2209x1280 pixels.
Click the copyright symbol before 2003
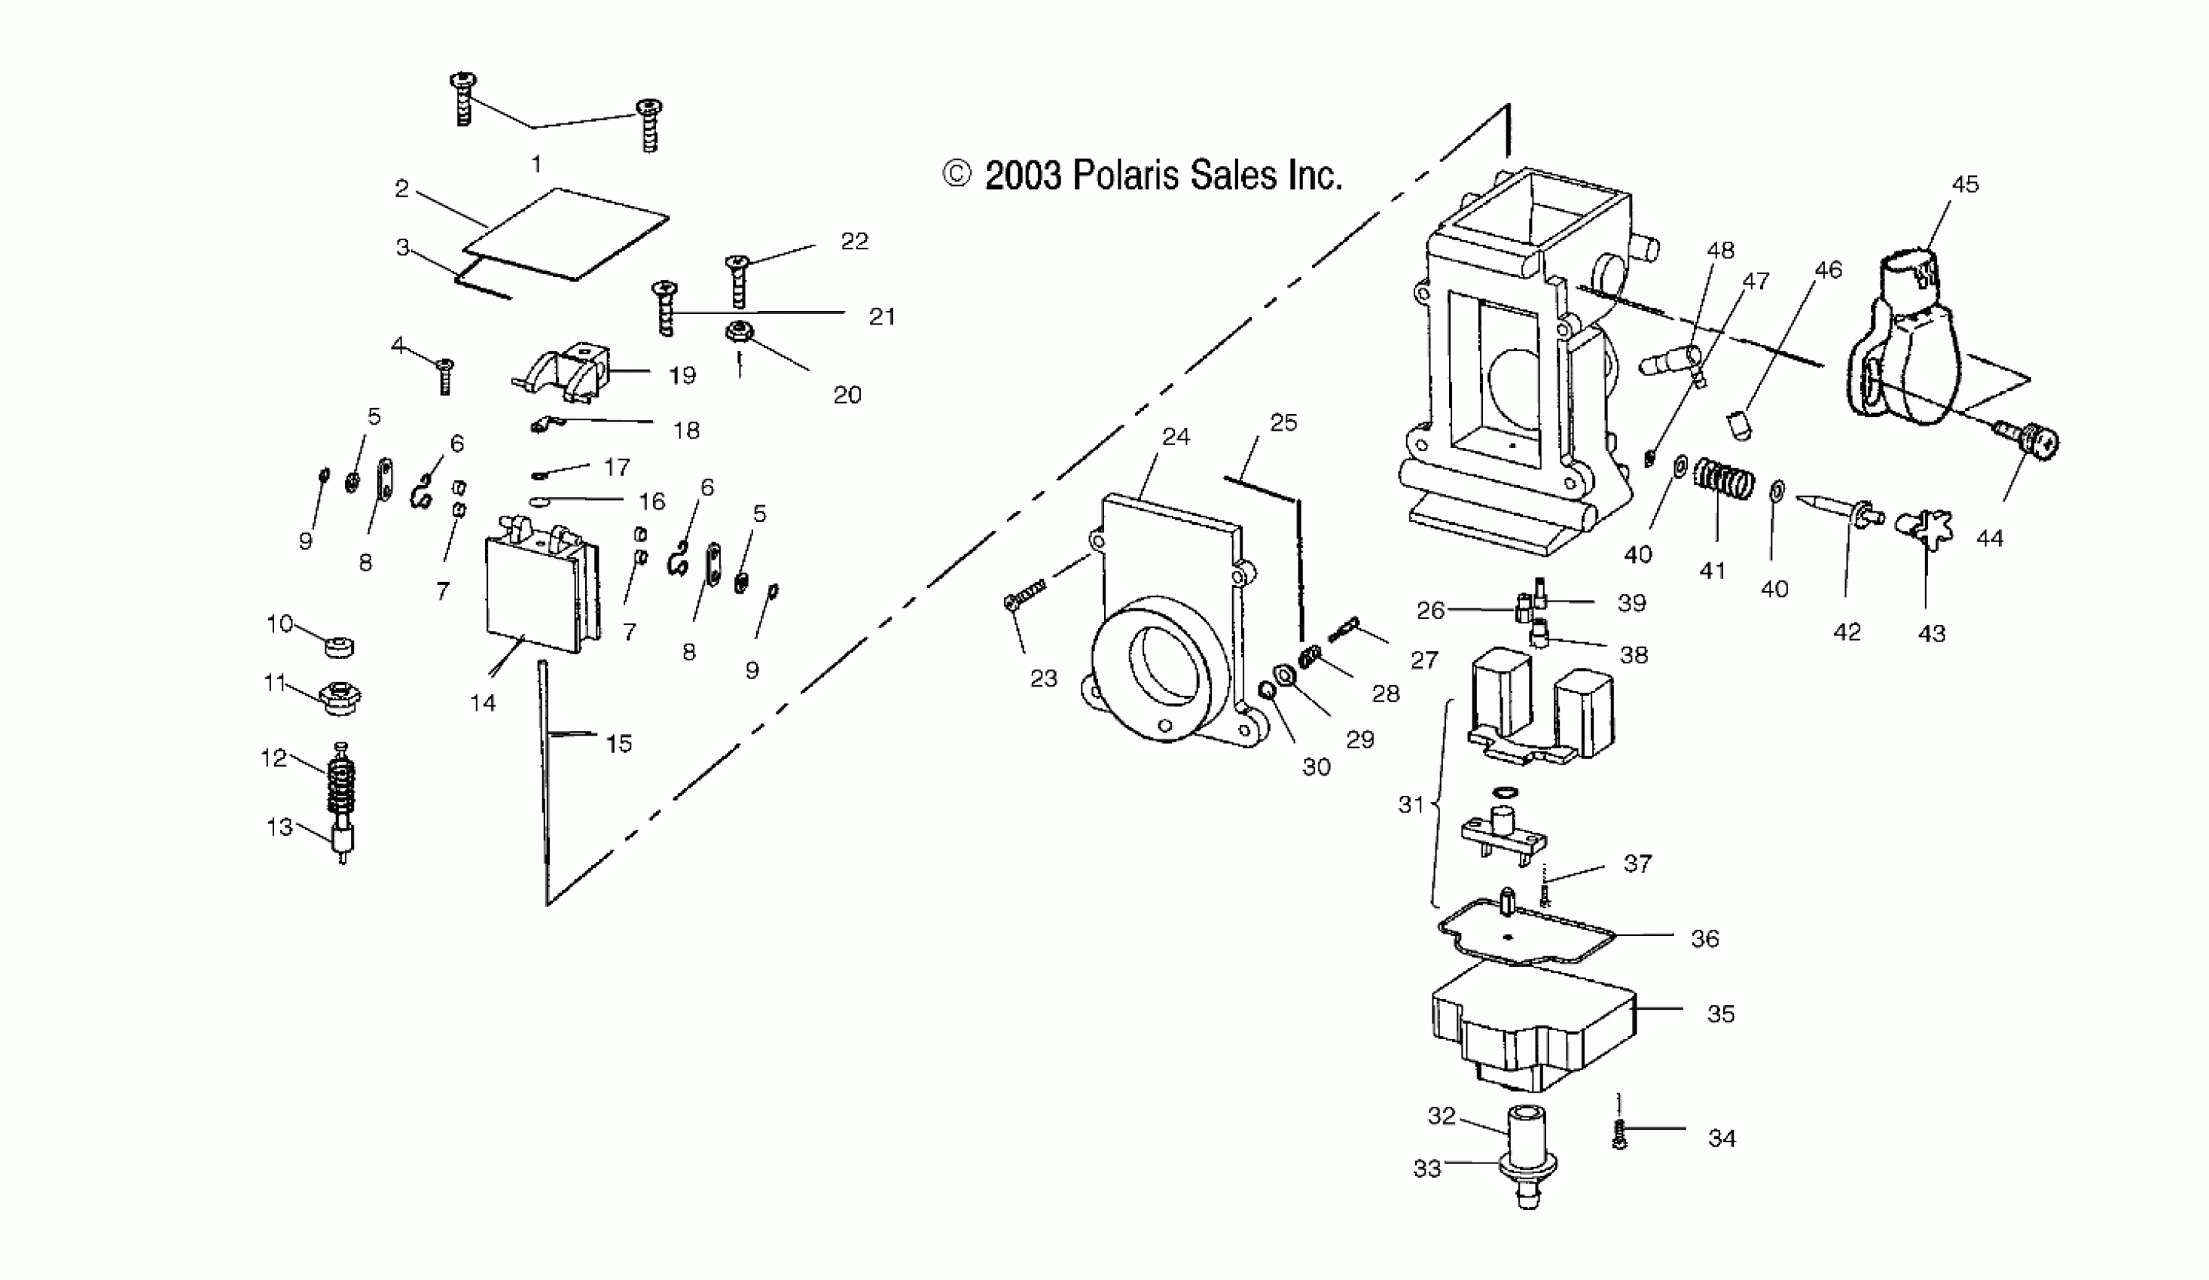pos(957,175)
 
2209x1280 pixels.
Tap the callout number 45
pos(1965,184)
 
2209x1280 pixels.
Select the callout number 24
pos(1176,436)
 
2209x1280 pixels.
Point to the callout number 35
pos(1721,1013)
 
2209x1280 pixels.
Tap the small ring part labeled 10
pos(338,648)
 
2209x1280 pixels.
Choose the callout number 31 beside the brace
pos(1411,803)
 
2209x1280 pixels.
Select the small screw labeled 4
pos(445,375)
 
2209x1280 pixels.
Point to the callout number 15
pos(619,744)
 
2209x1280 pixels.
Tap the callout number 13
pos(279,827)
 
